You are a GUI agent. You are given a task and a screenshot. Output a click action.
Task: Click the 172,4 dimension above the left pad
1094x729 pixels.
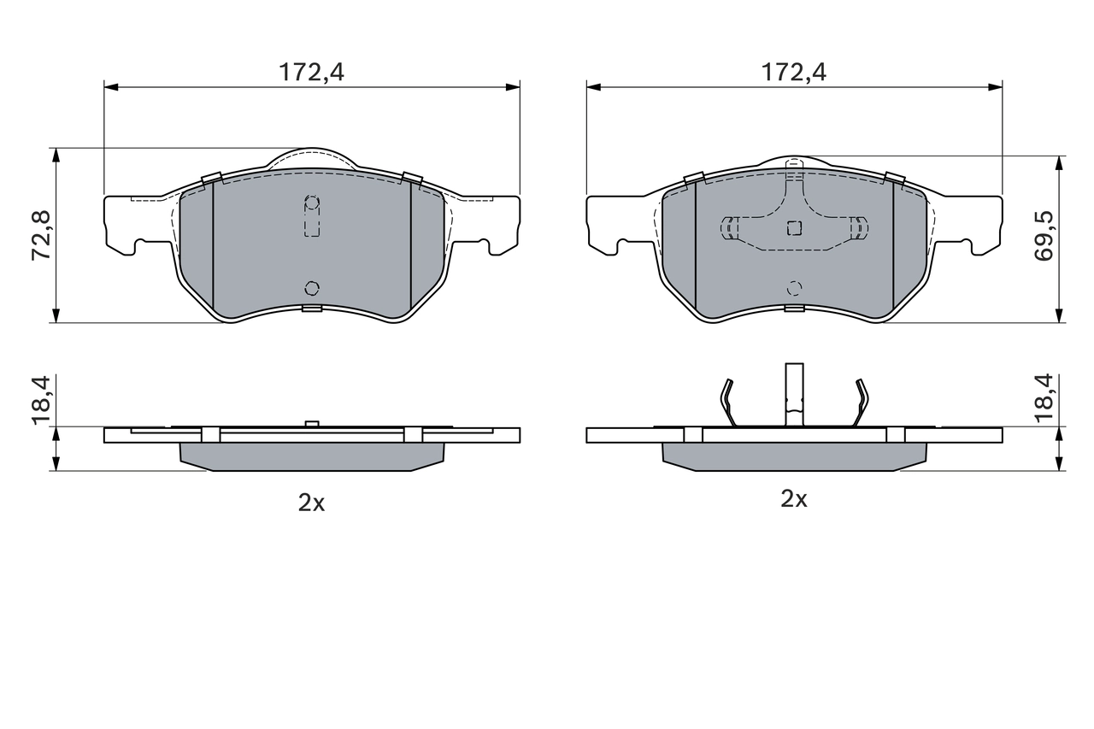(312, 73)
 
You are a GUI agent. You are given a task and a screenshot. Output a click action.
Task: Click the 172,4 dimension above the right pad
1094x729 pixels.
(794, 73)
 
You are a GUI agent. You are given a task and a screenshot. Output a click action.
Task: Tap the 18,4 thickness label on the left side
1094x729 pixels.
(42, 399)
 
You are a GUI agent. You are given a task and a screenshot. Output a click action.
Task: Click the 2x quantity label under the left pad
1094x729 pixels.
(312, 503)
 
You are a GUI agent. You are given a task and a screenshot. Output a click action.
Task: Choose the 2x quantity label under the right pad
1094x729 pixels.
(794, 499)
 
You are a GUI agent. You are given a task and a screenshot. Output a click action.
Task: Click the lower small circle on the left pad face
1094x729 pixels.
(312, 287)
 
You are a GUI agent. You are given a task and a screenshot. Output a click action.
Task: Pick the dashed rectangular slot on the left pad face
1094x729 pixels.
(312, 217)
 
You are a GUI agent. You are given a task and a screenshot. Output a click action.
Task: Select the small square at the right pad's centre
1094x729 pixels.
(794, 227)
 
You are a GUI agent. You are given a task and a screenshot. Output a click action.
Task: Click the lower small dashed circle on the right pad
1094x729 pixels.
(794, 287)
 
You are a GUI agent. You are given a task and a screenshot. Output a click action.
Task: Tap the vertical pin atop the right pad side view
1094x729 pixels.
(794, 393)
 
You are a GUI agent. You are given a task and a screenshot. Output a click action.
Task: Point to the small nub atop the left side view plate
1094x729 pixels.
(312, 423)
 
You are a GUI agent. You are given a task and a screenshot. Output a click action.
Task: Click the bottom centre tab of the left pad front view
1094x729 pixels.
(312, 309)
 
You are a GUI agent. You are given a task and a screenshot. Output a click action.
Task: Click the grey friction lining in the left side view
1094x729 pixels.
(312, 456)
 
